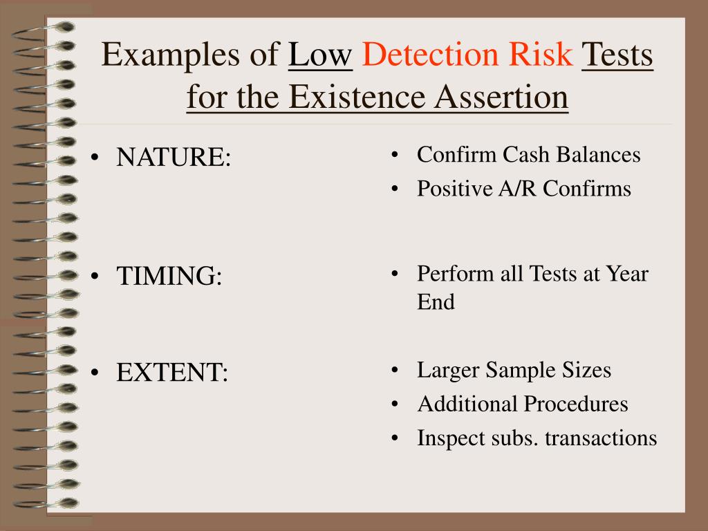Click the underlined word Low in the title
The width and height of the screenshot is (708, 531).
click(x=321, y=55)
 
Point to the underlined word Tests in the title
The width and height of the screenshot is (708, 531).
click(x=618, y=55)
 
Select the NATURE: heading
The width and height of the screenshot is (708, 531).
click(x=174, y=158)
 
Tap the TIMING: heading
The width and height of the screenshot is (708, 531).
click(x=169, y=277)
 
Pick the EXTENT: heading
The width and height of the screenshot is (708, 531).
click(x=171, y=373)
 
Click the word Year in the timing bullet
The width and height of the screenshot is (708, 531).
click(x=627, y=274)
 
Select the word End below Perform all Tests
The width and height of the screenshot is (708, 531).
click(x=436, y=302)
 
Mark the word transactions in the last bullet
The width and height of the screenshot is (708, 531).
click(x=601, y=438)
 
